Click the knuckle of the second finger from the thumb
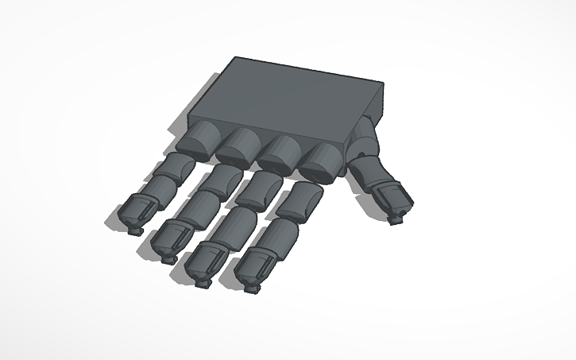click(x=279, y=154)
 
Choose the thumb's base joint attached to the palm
click(x=364, y=142)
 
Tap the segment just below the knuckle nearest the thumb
click(x=300, y=202)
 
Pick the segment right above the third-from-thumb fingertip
click(x=193, y=209)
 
